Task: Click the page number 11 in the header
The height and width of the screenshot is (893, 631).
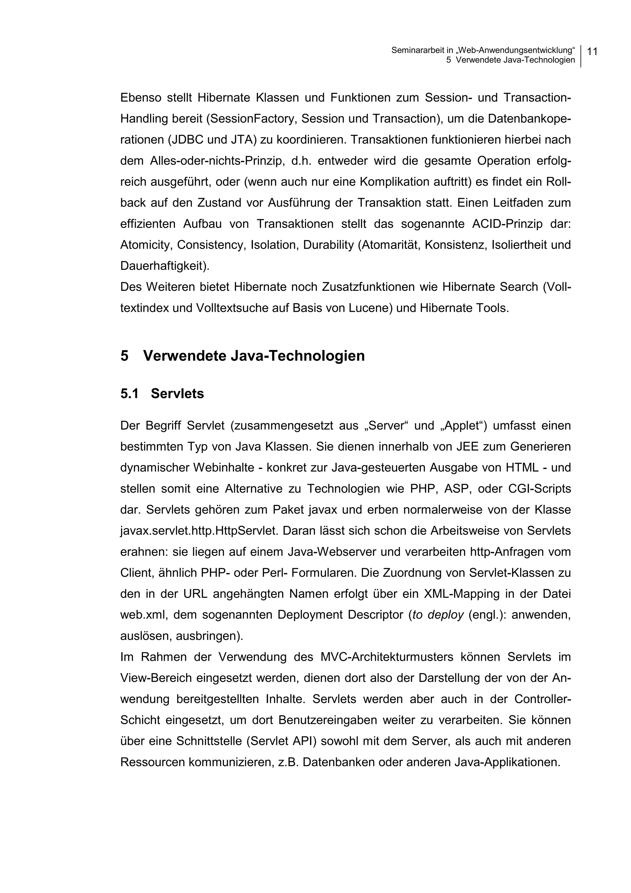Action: pyautogui.click(x=592, y=51)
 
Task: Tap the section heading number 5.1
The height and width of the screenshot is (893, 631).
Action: pyautogui.click(x=129, y=394)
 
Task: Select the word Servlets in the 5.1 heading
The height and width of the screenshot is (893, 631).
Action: pyautogui.click(x=177, y=394)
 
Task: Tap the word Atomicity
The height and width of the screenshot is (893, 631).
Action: pyautogui.click(x=146, y=245)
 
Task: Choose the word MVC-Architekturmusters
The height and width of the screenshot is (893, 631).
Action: pyautogui.click(x=387, y=657)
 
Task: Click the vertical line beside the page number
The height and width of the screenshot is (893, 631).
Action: pyautogui.click(x=581, y=56)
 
